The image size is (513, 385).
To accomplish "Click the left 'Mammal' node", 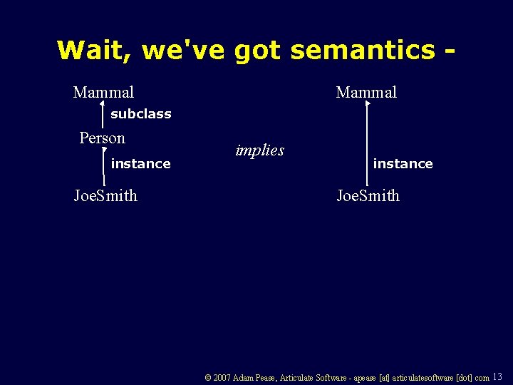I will point(103,93).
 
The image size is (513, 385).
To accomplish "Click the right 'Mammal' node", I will point(366,93).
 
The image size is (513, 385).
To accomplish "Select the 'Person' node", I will point(102,138).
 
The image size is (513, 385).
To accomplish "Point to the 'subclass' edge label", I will point(140,114).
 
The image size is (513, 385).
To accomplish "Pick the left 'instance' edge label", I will point(140,164).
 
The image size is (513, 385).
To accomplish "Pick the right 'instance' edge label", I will point(403,164).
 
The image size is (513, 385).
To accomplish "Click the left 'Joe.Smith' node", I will point(105,195).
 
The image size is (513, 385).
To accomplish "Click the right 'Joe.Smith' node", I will point(368,195).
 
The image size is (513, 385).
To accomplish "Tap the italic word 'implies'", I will point(259,150).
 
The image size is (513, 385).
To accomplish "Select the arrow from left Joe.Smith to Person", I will point(105,165).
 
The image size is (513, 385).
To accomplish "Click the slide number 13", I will point(497,376).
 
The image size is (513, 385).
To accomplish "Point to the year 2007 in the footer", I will point(222,378).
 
